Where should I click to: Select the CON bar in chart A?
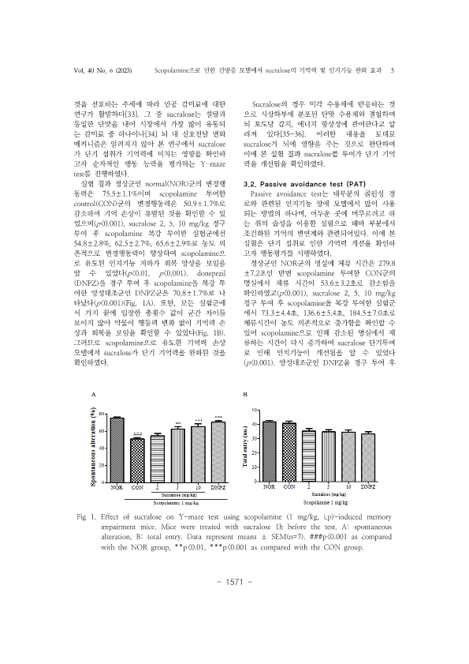pos(137,461)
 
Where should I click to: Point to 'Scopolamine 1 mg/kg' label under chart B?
pos(317,501)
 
